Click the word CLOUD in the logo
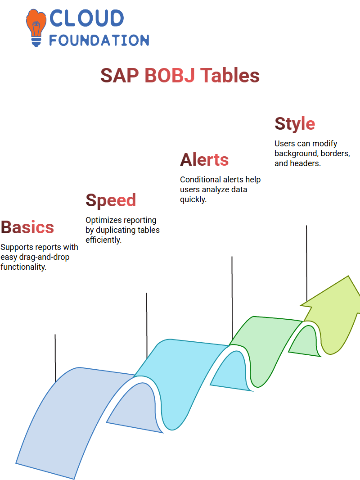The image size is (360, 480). (x=87, y=18)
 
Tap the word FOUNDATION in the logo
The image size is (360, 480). (x=99, y=41)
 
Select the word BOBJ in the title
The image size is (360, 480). (x=170, y=75)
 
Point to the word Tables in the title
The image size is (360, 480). (x=230, y=75)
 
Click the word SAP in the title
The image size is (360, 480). (x=119, y=75)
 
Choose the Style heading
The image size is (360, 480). (x=295, y=124)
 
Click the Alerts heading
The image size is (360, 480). (x=204, y=160)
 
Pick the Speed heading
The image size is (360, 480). (x=111, y=201)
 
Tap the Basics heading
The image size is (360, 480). (x=27, y=227)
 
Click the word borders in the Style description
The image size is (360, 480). (x=331, y=154)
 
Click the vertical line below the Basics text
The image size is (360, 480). (x=55, y=358)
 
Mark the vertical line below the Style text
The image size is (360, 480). (x=306, y=263)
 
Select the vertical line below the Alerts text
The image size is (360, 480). (x=232, y=297)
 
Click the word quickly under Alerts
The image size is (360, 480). (x=193, y=199)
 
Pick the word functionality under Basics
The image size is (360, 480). (x=23, y=267)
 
